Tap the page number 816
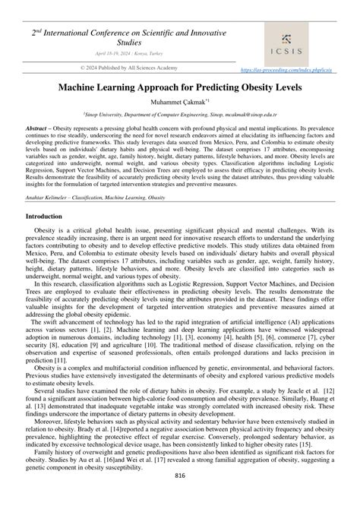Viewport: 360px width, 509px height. (180, 476)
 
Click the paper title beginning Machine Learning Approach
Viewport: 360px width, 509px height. (179, 87)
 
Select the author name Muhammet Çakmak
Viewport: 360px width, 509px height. (178, 101)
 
